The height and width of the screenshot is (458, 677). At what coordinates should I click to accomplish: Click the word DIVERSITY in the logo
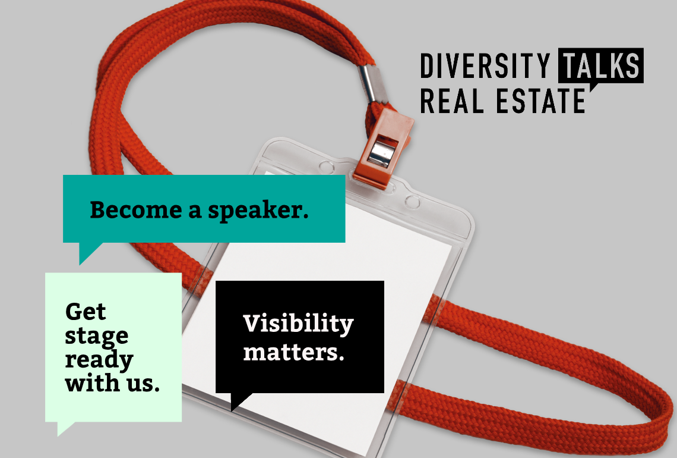tap(485, 66)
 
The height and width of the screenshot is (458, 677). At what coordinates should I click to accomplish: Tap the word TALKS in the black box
tap(601, 66)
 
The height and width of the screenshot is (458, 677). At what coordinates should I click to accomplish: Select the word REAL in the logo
tap(452, 101)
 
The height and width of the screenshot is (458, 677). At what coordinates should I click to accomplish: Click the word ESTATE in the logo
tap(540, 101)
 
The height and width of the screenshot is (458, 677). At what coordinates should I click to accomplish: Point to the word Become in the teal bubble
tap(136, 210)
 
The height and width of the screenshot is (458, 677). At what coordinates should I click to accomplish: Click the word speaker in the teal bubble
tap(258, 211)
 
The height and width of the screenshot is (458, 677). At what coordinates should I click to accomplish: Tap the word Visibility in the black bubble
tap(298, 324)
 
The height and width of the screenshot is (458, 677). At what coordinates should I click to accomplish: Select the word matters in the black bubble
tap(293, 352)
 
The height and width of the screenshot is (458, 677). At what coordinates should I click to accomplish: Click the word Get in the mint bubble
tap(86, 312)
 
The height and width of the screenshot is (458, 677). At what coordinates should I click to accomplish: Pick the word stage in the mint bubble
tap(97, 337)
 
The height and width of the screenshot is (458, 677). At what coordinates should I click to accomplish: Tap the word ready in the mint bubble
tap(99, 360)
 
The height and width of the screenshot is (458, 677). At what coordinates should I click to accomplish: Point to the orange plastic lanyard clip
tap(382, 147)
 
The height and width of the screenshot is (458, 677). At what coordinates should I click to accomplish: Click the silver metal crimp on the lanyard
tap(368, 84)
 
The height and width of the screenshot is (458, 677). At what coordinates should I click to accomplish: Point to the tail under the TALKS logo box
tap(594, 87)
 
